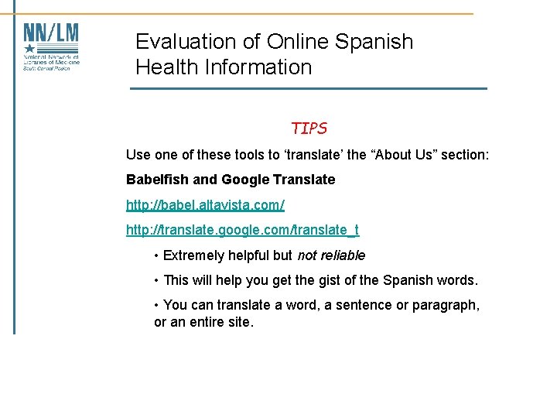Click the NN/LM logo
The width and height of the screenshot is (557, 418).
pos(51,46)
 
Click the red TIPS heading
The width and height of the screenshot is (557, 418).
pos(309,128)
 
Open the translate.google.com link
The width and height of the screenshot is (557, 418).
pos(242,230)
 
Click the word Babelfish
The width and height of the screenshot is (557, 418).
pos(157,180)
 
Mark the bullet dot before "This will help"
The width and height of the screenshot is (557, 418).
pos(157,280)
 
